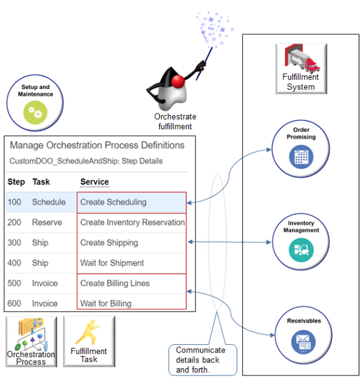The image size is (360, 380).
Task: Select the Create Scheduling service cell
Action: coord(113,202)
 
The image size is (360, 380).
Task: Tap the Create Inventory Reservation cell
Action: coord(132,222)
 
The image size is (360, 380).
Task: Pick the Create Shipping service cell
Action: coord(109,242)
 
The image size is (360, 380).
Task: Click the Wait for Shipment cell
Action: coord(112,263)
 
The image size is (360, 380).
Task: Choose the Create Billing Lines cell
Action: coord(114,283)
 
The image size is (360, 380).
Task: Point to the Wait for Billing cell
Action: coord(105,303)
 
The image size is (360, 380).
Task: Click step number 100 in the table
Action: coord(15,202)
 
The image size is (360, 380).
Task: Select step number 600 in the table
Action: coord(15,303)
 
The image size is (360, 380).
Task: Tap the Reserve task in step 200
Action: coord(47,222)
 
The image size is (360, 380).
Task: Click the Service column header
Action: coord(94,182)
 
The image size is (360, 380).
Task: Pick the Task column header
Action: coord(41,182)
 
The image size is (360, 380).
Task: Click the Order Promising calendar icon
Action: coord(301,156)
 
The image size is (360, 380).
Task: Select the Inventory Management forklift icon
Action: coord(301,249)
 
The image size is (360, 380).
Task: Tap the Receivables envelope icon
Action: coord(301,340)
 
